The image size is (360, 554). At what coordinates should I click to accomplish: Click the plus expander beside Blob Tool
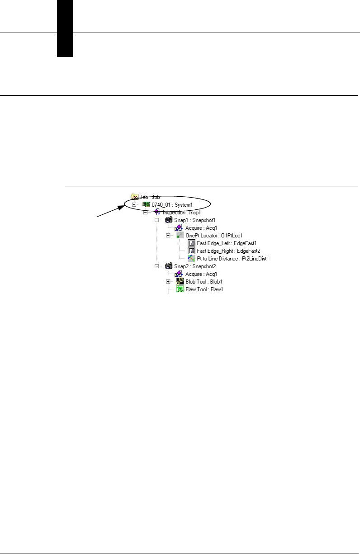[x=168, y=281]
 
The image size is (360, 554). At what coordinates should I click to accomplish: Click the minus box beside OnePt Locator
[x=168, y=236]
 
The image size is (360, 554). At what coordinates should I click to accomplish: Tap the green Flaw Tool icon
[x=179, y=289]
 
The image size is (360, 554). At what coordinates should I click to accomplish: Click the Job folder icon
[x=134, y=197]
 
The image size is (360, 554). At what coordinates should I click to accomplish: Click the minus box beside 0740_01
[x=134, y=204]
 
